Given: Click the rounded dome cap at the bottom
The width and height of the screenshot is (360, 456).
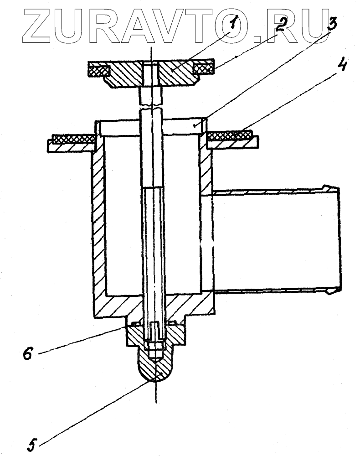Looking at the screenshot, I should (156, 369).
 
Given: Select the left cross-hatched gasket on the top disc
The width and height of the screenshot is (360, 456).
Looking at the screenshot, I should (99, 71).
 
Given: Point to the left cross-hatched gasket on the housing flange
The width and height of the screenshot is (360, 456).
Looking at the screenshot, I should (73, 138).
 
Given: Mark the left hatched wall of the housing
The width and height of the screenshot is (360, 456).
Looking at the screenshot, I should (99, 228).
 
